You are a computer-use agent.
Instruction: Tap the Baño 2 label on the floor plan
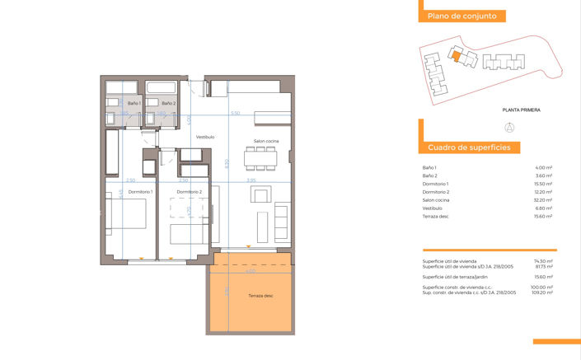tap(168, 103)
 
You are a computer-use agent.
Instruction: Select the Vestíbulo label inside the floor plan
tap(204, 137)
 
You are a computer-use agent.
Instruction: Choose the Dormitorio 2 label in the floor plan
tap(189, 192)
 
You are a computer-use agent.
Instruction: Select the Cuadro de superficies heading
tap(469, 147)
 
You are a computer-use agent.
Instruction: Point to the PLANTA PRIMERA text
tap(521, 110)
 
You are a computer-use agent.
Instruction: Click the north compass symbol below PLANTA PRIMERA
tap(508, 127)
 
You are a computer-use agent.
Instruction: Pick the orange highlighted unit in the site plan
tap(454, 55)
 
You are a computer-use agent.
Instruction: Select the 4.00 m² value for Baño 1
tap(544, 167)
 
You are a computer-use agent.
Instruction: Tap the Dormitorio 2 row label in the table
tap(436, 192)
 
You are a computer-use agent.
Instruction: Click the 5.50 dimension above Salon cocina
tap(235, 113)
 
